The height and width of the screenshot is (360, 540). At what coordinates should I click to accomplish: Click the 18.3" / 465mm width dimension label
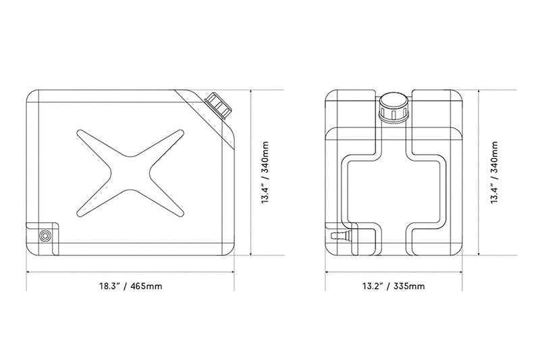pos(130,286)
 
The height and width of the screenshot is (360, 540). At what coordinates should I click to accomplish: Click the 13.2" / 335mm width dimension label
pos(393,286)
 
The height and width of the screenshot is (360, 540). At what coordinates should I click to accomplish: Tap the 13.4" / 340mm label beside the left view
pos(265,172)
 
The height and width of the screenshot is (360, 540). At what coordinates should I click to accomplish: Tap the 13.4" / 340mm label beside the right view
pos(494,172)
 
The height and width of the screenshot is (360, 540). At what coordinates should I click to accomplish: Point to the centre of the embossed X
pos(130,174)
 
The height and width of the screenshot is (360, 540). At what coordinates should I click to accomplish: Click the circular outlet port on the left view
pos(45,236)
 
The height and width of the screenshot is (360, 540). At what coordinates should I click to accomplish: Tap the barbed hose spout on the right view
pos(341,236)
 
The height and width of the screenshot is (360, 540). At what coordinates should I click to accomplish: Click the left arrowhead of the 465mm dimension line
pos(28,272)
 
